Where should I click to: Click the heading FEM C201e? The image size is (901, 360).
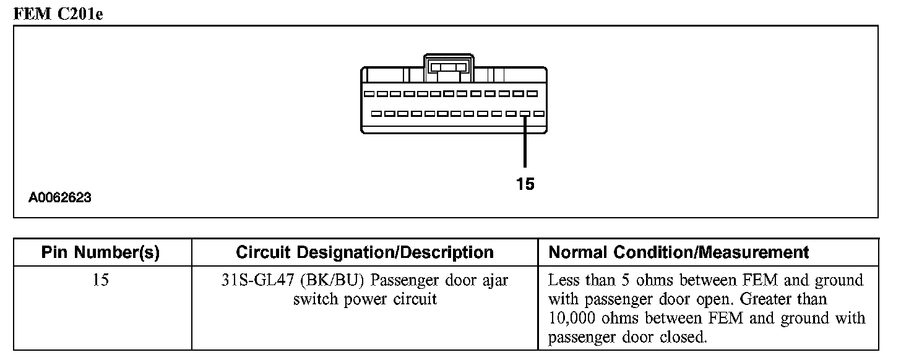(58, 14)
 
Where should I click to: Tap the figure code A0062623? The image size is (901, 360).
(60, 198)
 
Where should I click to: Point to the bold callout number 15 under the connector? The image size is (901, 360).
(525, 184)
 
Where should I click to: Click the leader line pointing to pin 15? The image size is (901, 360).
(525, 142)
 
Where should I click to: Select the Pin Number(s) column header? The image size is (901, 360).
(100, 252)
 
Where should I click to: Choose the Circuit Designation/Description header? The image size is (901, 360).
(364, 252)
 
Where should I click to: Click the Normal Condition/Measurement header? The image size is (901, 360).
(679, 252)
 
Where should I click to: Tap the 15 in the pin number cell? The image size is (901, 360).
(100, 280)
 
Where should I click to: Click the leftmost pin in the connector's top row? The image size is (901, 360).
(368, 94)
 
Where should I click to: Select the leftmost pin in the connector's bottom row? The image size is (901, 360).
(376, 114)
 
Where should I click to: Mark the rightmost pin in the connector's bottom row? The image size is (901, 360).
(539, 114)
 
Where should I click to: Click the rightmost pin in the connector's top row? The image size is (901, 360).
(532, 94)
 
